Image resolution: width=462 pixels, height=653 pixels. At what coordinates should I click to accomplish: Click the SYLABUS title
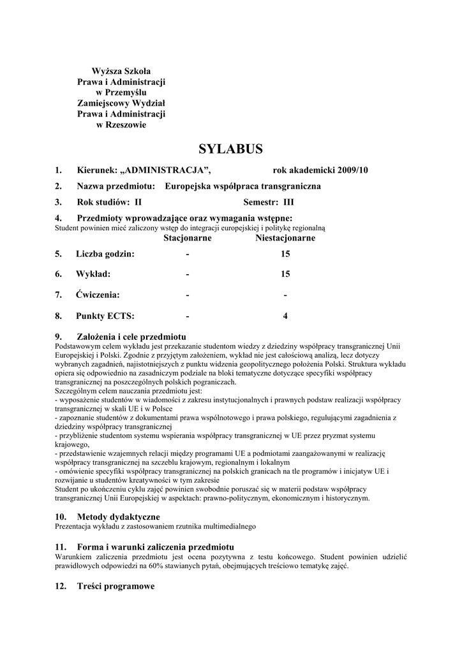(230, 149)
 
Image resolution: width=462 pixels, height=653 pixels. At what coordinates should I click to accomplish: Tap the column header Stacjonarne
(188, 238)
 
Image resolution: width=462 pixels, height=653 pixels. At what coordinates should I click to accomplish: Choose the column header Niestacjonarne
(285, 238)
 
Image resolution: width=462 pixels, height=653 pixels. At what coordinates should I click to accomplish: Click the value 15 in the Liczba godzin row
(285, 254)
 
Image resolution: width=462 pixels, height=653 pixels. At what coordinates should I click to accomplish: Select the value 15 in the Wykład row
(285, 274)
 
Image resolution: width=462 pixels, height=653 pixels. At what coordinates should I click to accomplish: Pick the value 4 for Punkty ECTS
(285, 315)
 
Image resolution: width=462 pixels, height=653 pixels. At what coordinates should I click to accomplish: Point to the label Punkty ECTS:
(105, 315)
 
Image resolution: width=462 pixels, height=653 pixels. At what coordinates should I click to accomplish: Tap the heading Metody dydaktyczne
(118, 516)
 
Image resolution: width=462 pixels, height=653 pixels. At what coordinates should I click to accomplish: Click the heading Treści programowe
(115, 586)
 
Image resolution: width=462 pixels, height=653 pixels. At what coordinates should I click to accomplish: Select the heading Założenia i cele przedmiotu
(131, 335)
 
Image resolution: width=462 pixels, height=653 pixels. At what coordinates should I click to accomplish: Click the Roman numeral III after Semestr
(288, 202)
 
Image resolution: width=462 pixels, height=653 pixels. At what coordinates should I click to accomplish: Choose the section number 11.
(59, 547)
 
